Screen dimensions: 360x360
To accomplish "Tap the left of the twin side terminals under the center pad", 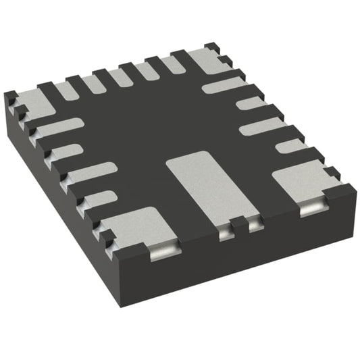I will pyautogui.click(x=225, y=234).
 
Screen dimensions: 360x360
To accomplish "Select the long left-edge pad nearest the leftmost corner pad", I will pyautogui.click(x=59, y=127).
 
